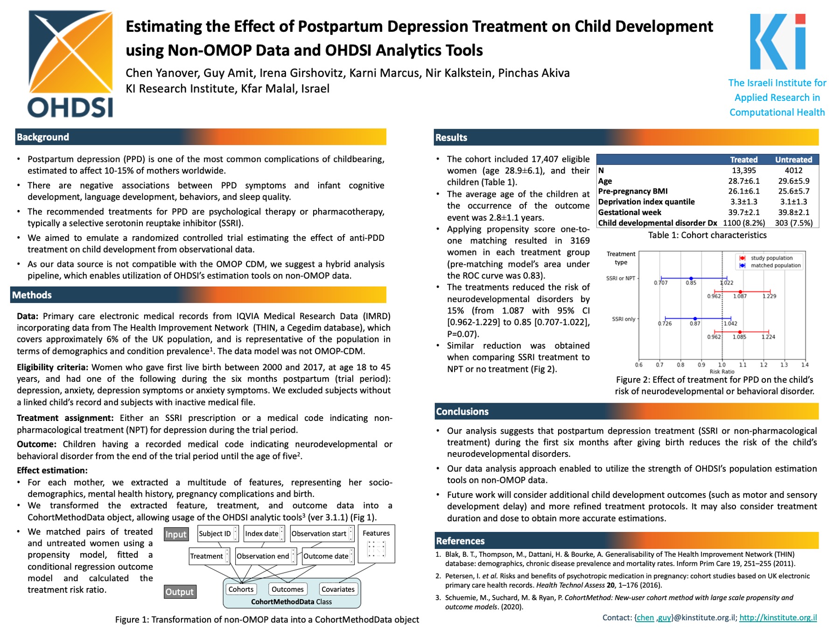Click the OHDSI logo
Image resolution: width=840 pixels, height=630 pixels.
click(x=70, y=64)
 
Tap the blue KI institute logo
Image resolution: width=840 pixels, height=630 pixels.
click(x=777, y=42)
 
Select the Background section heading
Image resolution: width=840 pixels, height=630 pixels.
click(x=43, y=137)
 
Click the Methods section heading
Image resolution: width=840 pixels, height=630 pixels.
click(x=32, y=295)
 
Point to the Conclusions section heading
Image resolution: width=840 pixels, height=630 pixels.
click(x=462, y=412)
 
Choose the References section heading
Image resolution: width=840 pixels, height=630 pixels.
click(x=460, y=541)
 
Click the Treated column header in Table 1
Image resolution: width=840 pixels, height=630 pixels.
click(x=743, y=160)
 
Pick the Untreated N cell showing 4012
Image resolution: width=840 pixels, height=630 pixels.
click(x=793, y=170)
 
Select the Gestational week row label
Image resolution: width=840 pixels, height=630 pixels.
click(x=630, y=212)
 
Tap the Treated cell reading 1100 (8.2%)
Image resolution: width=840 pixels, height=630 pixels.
click(x=744, y=223)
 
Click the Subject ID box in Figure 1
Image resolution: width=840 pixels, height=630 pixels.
click(x=215, y=533)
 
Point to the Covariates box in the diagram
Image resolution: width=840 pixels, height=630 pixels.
click(x=338, y=589)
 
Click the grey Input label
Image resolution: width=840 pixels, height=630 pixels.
click(x=176, y=534)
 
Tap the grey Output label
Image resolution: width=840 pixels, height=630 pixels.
click(x=180, y=592)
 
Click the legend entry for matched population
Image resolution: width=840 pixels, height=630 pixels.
click(x=775, y=266)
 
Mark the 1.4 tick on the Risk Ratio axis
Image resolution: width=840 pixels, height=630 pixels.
click(x=805, y=365)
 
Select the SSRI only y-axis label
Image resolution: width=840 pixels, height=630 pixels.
click(x=623, y=319)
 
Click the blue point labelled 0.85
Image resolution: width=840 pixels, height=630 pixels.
click(x=691, y=279)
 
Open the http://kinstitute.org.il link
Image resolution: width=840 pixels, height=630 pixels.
click(x=778, y=617)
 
